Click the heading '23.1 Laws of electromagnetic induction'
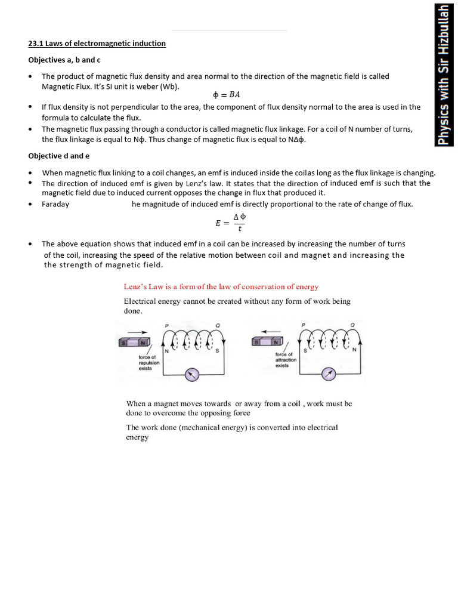(x=97, y=44)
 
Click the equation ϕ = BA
(x=226, y=95)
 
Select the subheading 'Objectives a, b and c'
(x=64, y=60)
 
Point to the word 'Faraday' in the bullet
(x=55, y=204)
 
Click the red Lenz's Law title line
(x=221, y=287)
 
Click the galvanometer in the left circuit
(x=191, y=374)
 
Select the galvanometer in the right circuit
(x=329, y=374)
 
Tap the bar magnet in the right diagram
(x=268, y=342)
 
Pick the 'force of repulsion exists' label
(x=148, y=362)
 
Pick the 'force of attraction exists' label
(x=286, y=360)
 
